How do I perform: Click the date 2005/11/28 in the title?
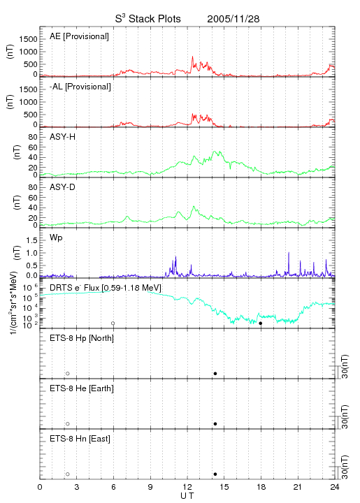[x=233, y=19]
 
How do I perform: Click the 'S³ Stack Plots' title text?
[x=148, y=19]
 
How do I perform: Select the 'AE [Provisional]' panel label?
[x=79, y=36]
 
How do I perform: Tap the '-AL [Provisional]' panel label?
[x=80, y=87]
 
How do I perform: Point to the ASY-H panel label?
[x=63, y=137]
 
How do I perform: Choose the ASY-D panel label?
[x=63, y=187]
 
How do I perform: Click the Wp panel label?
[x=56, y=238]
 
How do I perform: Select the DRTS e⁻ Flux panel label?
[x=106, y=288]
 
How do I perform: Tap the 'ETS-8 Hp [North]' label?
[x=82, y=338]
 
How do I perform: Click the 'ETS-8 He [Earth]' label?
[x=82, y=388]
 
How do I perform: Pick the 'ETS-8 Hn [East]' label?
[x=80, y=439]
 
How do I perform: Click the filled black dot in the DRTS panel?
[x=261, y=323]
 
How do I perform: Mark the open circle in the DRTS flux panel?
[x=113, y=323]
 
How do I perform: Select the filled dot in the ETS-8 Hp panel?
[x=215, y=373]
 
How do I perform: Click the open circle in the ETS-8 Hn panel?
[x=68, y=474]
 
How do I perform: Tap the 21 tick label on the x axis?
[x=298, y=487]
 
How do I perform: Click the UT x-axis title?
[x=187, y=496]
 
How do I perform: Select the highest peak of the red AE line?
[x=192, y=57]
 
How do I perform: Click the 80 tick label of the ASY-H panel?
[x=33, y=137]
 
